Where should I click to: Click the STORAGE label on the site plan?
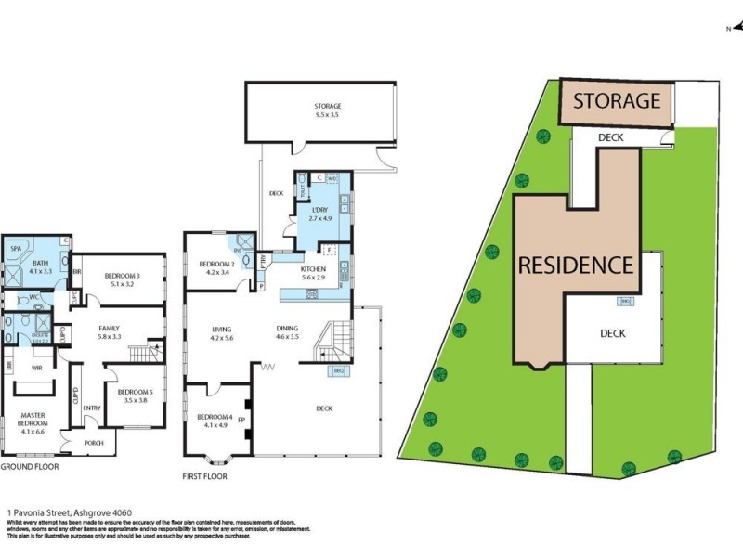(616, 100)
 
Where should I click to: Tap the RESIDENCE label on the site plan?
(575, 265)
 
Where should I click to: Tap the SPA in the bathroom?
(16, 250)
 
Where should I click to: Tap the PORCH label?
(95, 442)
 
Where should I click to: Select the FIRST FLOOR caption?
(204, 476)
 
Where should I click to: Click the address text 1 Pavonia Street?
(56, 512)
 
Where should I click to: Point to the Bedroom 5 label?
(136, 395)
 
